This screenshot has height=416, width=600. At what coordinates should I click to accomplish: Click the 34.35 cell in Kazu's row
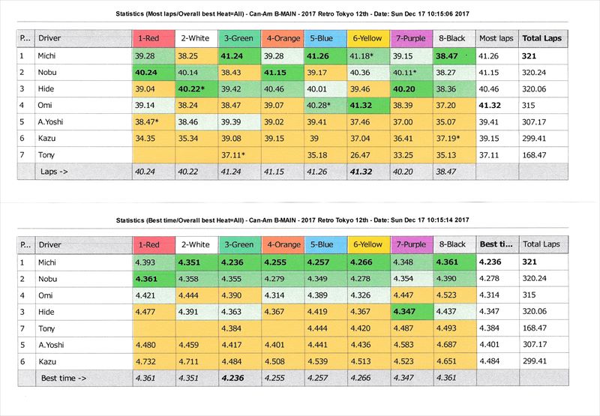click(x=145, y=138)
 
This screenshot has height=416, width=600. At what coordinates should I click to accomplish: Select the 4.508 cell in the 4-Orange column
click(x=277, y=362)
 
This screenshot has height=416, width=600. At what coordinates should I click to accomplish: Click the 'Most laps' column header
click(x=494, y=38)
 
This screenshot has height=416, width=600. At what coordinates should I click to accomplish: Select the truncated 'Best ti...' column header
click(x=495, y=244)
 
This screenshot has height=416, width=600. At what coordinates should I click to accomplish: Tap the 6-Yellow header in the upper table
click(x=367, y=38)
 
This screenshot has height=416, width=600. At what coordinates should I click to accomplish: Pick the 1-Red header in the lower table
click(x=148, y=244)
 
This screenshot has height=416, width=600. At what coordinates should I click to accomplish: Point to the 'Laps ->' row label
click(x=54, y=171)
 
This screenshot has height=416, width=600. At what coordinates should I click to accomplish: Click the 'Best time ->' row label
click(x=63, y=379)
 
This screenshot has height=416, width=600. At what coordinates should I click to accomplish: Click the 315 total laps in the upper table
click(x=529, y=105)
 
